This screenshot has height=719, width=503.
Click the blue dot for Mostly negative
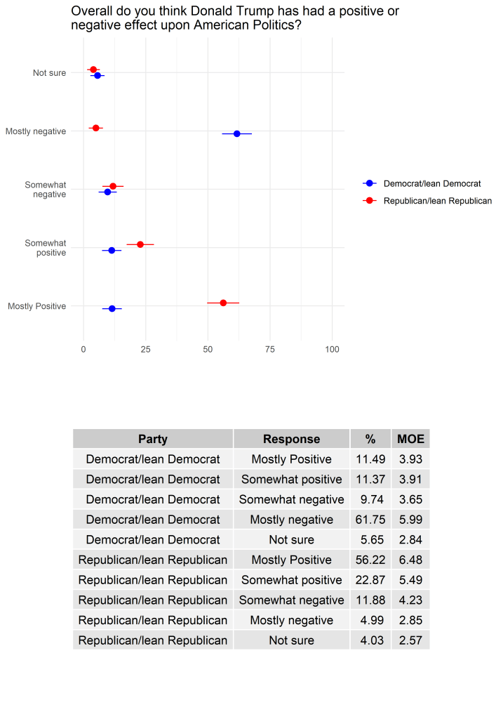(x=236, y=133)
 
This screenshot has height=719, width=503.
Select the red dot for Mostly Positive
(x=223, y=303)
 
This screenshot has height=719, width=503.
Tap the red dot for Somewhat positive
(x=140, y=244)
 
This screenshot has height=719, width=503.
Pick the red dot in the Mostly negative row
(x=96, y=128)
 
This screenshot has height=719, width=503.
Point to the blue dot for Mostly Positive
(x=112, y=308)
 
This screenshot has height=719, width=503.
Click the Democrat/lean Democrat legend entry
(x=431, y=183)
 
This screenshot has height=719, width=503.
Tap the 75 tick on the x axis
(x=270, y=349)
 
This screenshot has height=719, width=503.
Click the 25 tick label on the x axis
(x=145, y=349)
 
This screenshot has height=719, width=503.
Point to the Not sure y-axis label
(x=49, y=73)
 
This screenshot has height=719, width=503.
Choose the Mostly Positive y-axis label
(x=36, y=306)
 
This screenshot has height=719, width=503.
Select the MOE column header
(x=410, y=439)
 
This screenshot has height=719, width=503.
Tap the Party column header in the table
(x=153, y=439)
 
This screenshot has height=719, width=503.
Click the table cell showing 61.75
(x=370, y=520)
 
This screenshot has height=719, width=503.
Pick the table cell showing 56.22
(x=370, y=560)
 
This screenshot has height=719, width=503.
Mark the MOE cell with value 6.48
(x=410, y=560)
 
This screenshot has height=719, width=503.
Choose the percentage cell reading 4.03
(x=370, y=640)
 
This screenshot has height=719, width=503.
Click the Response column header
(x=291, y=439)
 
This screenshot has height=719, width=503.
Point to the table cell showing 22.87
(x=370, y=580)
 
